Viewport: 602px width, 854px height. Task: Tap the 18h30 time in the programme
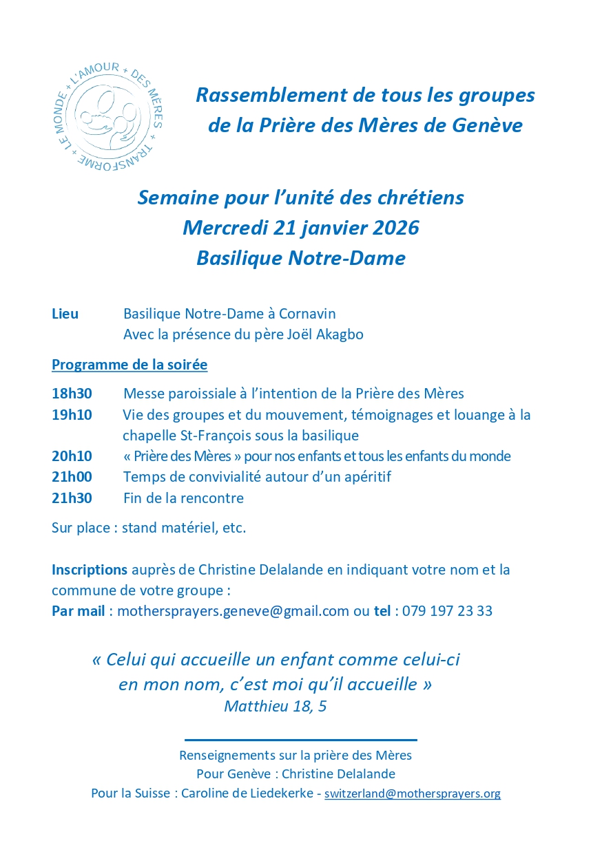pyautogui.click(x=72, y=394)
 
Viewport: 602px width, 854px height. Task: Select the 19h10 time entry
pyautogui.click(x=72, y=415)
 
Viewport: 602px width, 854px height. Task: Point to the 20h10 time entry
pyautogui.click(x=72, y=456)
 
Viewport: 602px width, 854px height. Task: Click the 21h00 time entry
pyautogui.click(x=72, y=477)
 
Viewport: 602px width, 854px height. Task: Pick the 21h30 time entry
pyautogui.click(x=72, y=498)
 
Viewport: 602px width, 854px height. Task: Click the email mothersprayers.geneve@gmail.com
pyautogui.click(x=233, y=611)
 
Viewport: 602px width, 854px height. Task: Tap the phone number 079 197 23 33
pyautogui.click(x=447, y=611)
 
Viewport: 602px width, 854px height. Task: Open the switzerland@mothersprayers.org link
pyautogui.click(x=413, y=793)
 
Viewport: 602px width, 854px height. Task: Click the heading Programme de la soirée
pyautogui.click(x=129, y=365)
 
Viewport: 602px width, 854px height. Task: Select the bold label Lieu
pyautogui.click(x=65, y=314)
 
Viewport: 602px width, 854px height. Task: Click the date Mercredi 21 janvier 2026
pyautogui.click(x=301, y=228)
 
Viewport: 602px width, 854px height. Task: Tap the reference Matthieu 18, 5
pyautogui.click(x=275, y=707)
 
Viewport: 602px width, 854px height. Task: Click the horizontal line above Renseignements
pyautogui.click(x=301, y=740)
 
